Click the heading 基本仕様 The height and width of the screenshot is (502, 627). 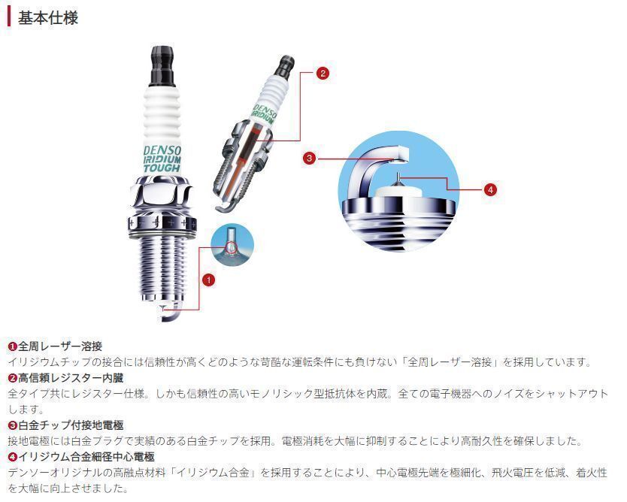48,18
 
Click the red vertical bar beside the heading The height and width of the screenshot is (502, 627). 9,17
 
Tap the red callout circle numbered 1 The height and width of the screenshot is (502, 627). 209,280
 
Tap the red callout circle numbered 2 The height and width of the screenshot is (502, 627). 323,73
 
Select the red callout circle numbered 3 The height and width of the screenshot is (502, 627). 309,159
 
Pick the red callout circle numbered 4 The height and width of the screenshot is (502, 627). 490,189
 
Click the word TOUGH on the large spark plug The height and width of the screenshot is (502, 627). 162,168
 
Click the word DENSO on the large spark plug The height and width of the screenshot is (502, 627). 162,150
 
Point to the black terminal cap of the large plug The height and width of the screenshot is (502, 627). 162,66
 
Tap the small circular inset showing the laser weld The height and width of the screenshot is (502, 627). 232,244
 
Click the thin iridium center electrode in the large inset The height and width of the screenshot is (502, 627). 398,180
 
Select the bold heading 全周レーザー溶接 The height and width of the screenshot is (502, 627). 60,346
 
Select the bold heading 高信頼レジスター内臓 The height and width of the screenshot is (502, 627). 71,378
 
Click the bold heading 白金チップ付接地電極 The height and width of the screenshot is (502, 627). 71,425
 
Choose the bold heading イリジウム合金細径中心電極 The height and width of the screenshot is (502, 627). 86,457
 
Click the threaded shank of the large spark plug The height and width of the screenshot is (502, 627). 162,268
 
